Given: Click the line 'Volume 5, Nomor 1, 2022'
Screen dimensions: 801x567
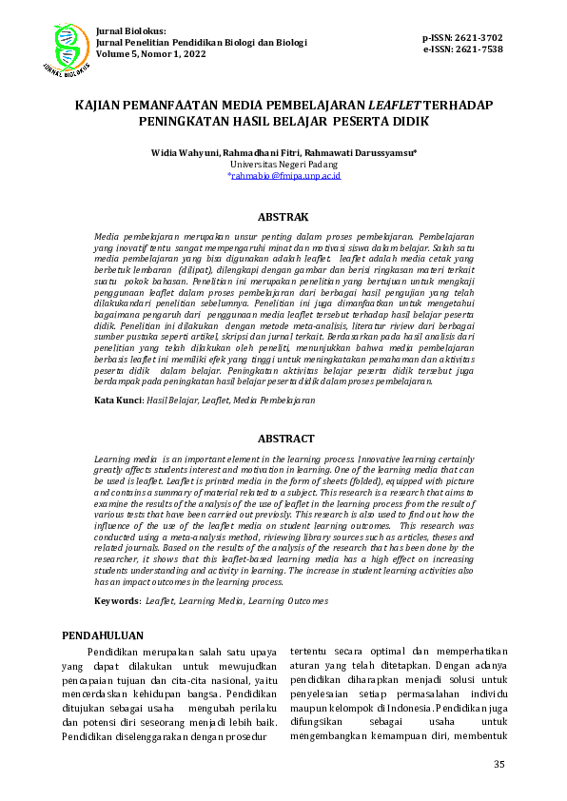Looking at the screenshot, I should [150, 54].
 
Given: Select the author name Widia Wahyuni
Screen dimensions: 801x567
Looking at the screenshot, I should [185, 152].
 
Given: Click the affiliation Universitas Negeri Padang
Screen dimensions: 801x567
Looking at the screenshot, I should [283, 164].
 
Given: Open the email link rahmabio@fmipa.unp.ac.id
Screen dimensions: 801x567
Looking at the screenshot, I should [285, 176].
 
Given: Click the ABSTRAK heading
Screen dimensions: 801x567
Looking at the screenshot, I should [283, 217].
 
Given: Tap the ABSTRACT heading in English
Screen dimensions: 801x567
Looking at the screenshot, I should [285, 439].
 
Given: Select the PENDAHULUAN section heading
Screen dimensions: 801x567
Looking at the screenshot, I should [103, 635].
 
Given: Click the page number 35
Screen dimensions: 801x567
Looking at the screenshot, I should [499, 765].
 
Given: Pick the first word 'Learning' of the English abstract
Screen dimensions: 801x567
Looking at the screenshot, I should [113, 459].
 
